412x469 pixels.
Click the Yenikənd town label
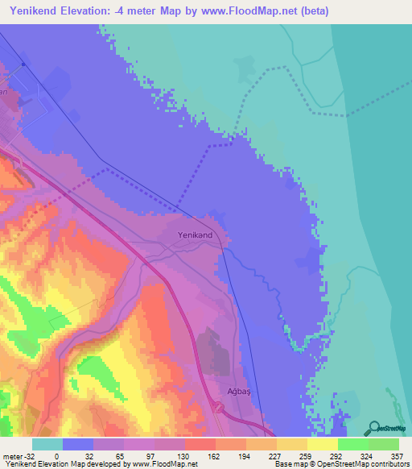(196, 234)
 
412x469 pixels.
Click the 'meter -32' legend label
(16, 455)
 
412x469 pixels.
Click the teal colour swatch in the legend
(47, 444)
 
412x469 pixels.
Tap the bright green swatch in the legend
(352, 444)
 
